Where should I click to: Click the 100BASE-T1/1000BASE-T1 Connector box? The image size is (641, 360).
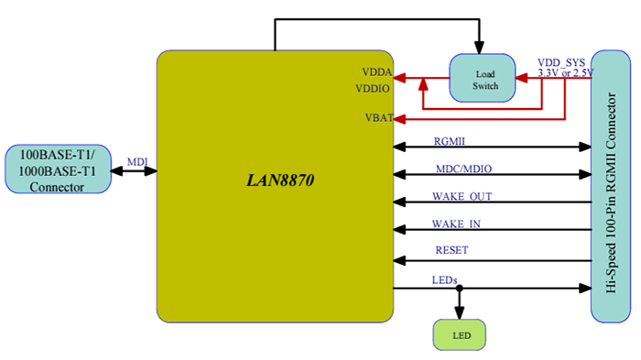[58, 169]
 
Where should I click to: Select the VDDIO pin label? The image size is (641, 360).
[373, 89]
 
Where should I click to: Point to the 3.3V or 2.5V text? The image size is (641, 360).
[565, 72]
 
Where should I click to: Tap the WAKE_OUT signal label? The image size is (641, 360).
[462, 196]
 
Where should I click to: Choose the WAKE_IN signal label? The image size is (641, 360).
[456, 224]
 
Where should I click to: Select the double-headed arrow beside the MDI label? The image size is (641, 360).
[134, 171]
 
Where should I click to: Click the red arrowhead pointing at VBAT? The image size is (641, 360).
[399, 117]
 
